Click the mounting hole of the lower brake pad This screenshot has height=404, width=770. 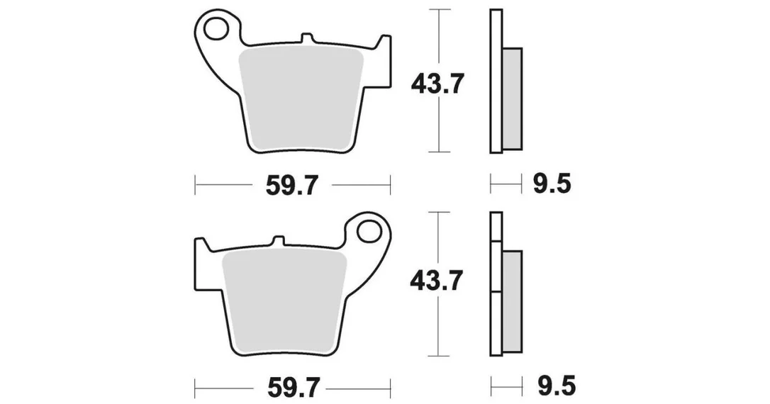[369, 232]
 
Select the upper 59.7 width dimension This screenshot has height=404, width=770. [293, 186]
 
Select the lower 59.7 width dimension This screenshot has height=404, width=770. [293, 388]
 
